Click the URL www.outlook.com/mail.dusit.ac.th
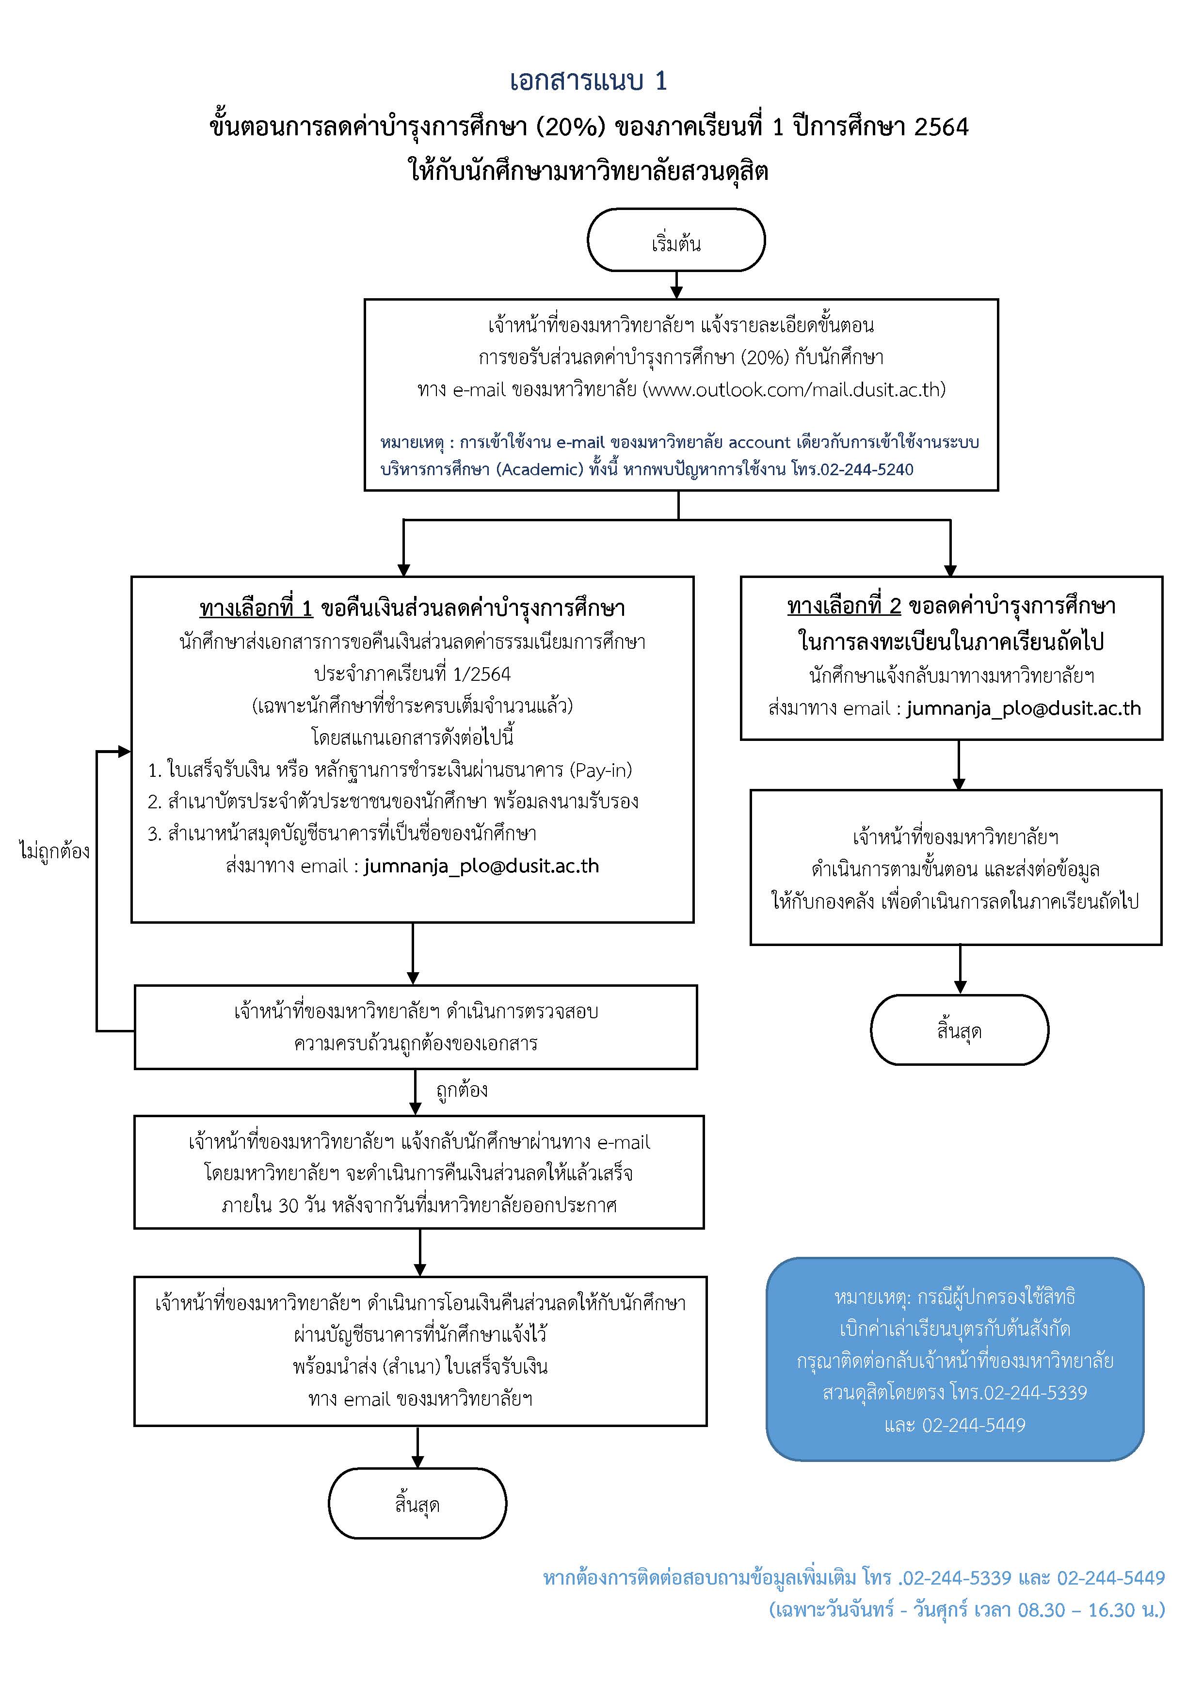coord(794,390)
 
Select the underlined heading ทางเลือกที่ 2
coord(844,607)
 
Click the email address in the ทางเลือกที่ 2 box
coord(1023,709)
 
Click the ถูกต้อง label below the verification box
coord(462,1091)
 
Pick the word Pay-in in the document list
coord(599,770)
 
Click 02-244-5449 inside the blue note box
coord(973,1426)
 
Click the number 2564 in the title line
coord(941,128)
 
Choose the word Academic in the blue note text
coord(540,470)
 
